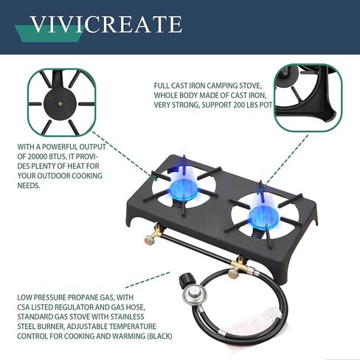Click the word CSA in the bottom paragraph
(x=27, y=309)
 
